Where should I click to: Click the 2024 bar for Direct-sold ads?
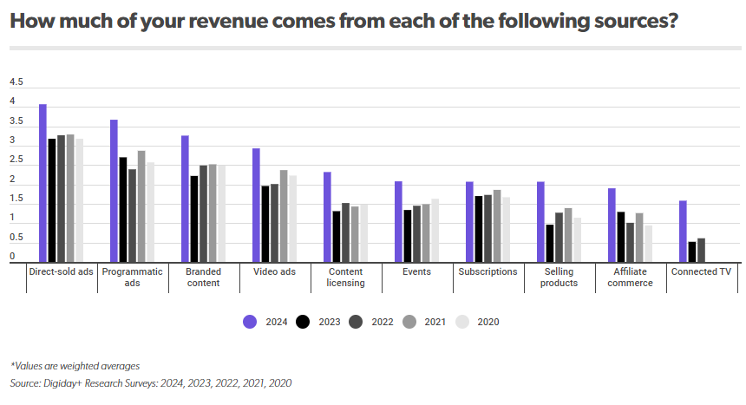tap(43, 183)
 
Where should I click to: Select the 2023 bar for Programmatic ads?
tap(123, 209)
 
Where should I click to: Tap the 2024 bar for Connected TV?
tap(683, 231)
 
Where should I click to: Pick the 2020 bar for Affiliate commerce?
tap(646, 243)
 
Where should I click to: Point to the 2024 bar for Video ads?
tap(256, 205)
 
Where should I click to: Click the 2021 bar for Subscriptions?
tap(497, 225)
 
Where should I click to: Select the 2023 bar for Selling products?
tap(550, 243)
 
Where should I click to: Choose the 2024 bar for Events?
tap(398, 221)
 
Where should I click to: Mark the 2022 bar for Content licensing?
tap(345, 232)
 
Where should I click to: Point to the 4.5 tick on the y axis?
tap(16, 82)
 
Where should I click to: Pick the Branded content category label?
tap(203, 277)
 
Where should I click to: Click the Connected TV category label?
tap(701, 271)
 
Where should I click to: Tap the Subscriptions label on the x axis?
tap(488, 271)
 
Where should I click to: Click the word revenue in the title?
tap(253, 21)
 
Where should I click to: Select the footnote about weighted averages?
tap(75, 366)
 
